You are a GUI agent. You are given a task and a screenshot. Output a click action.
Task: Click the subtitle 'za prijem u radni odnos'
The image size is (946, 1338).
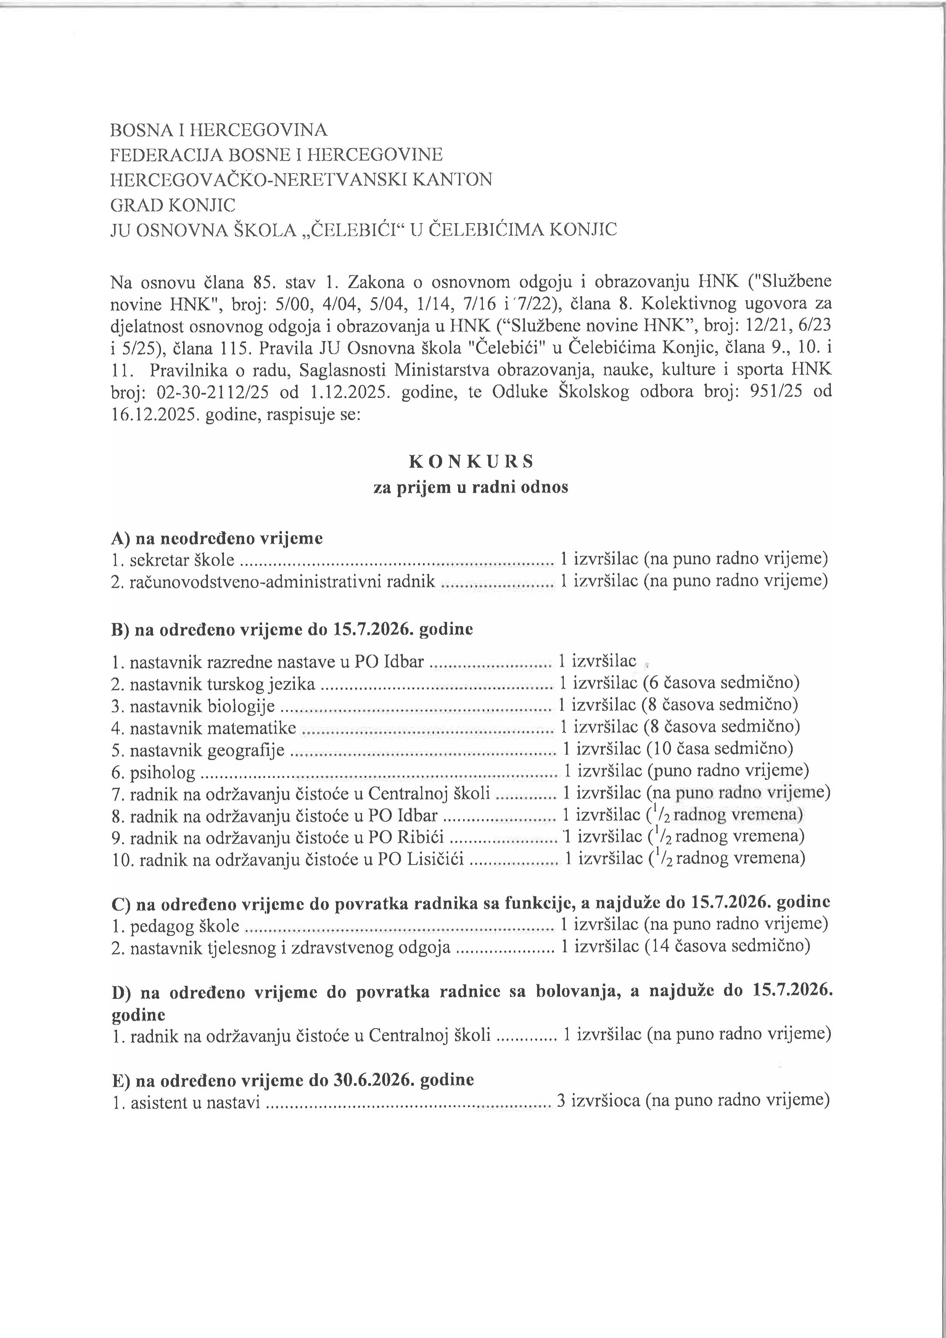pyautogui.click(x=471, y=487)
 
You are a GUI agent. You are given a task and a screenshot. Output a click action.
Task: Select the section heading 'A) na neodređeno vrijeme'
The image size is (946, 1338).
pyautogui.click(x=217, y=538)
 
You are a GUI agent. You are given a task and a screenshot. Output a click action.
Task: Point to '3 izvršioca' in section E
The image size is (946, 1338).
pyautogui.click(x=598, y=1102)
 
